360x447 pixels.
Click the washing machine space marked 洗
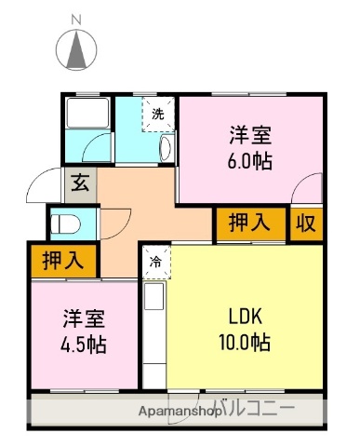[x=157, y=115]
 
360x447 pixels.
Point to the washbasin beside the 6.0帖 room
[x=166, y=147]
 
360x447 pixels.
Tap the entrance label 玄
[x=77, y=183]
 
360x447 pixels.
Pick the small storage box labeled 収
[x=305, y=223]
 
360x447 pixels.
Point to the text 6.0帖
[x=250, y=160]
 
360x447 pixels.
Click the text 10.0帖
[x=247, y=343]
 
